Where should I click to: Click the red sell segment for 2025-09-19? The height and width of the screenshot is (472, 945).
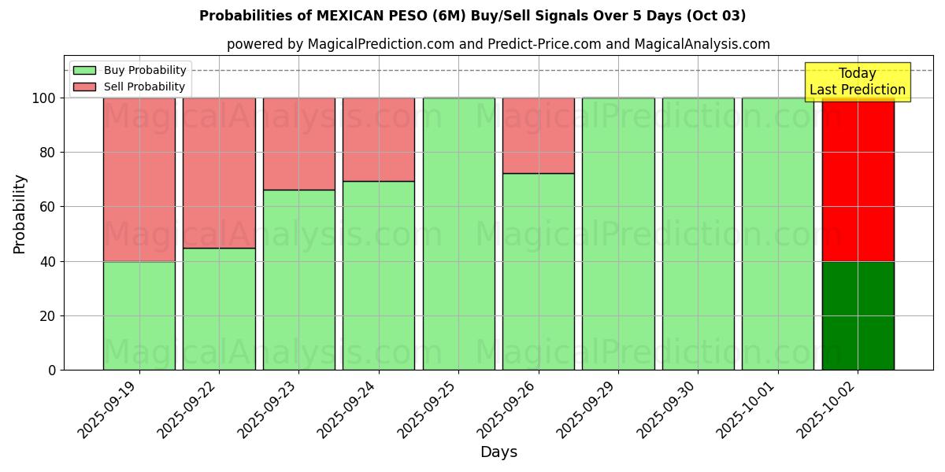pyautogui.click(x=139, y=179)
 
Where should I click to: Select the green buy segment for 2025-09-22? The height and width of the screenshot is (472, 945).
pyautogui.click(x=219, y=308)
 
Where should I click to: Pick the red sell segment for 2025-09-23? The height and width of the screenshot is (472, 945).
pyautogui.click(x=298, y=143)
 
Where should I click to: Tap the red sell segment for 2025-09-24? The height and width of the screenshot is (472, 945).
pyautogui.click(x=379, y=139)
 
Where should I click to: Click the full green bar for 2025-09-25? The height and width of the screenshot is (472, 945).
pyautogui.click(x=458, y=234)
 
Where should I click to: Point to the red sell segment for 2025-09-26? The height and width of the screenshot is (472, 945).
pyautogui.click(x=539, y=135)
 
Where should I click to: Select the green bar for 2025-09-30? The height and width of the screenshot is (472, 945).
pyautogui.click(x=698, y=234)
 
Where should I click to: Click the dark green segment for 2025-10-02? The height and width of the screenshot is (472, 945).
pyautogui.click(x=858, y=315)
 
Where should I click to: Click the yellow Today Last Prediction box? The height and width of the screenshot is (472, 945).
pyautogui.click(x=858, y=82)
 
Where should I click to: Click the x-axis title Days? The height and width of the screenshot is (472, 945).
pyautogui.click(x=498, y=452)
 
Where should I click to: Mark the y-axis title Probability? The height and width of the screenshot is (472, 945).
pyautogui.click(x=20, y=214)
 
